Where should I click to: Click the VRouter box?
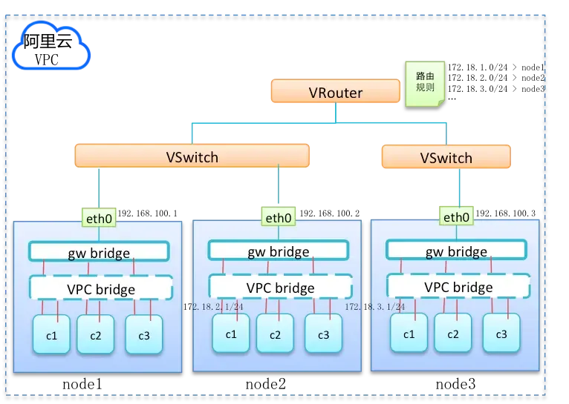tap(335, 92)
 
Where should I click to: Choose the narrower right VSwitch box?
tap(446, 156)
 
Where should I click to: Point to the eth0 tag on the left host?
tap(99, 218)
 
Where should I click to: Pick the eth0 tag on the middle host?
tap(279, 218)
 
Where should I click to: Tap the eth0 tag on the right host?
tap(456, 217)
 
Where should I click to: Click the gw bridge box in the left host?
tap(100, 251)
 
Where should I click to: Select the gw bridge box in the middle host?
tap(279, 251)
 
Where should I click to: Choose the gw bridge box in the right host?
tap(456, 251)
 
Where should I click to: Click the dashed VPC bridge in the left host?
tap(100, 288)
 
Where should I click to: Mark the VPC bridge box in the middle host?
tap(279, 288)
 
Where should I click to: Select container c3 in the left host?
tap(143, 334)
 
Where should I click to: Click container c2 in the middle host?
tap(275, 334)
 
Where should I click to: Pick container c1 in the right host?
tap(409, 333)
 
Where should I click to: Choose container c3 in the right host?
tap(501, 333)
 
